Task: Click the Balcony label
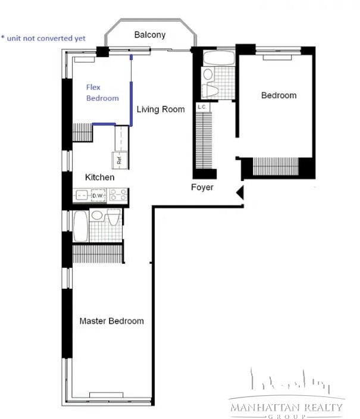coord(150,35)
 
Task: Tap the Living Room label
coord(161,110)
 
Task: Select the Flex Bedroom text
coord(102,92)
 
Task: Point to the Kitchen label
coord(100,177)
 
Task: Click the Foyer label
coord(202,187)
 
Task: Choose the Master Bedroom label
coord(112,321)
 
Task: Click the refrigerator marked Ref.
coord(120,160)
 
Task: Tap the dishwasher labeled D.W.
coord(98,195)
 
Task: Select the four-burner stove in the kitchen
coord(118,195)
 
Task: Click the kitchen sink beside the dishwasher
coord(82,195)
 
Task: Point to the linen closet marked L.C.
coord(202,107)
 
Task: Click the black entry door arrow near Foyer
coord(240,192)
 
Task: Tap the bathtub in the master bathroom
coord(80,226)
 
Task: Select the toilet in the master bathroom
coord(114,217)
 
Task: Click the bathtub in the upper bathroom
coord(219,58)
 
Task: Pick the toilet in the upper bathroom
coord(210,91)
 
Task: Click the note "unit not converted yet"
coord(43,38)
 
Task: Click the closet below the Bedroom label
coord(276,166)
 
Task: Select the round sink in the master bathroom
coord(97,215)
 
